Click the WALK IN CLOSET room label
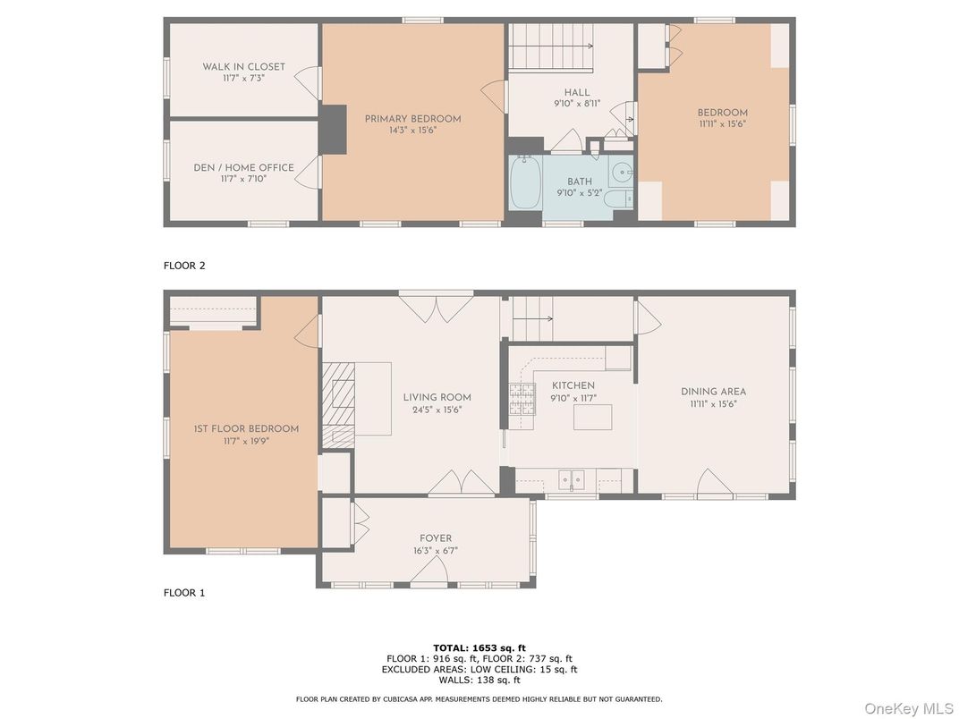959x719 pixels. [x=243, y=67]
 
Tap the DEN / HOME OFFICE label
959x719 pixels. [x=243, y=168]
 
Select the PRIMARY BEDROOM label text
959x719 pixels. [x=412, y=119]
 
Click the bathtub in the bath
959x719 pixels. [x=525, y=182]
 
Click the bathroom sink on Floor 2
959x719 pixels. [x=621, y=171]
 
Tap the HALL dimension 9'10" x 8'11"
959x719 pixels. [x=576, y=104]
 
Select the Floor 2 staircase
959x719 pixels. [x=551, y=47]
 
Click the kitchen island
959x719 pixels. [x=592, y=417]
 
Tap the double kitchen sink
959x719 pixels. [x=573, y=480]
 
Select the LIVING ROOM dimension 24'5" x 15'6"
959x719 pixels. [x=437, y=410]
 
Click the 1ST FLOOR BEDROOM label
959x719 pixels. [x=246, y=429]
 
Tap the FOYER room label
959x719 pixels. [x=436, y=539]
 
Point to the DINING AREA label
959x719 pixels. [x=713, y=392]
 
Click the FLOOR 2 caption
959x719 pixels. [x=184, y=266]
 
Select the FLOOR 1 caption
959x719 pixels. [x=184, y=593]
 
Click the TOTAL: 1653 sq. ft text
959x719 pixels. [x=479, y=647]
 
